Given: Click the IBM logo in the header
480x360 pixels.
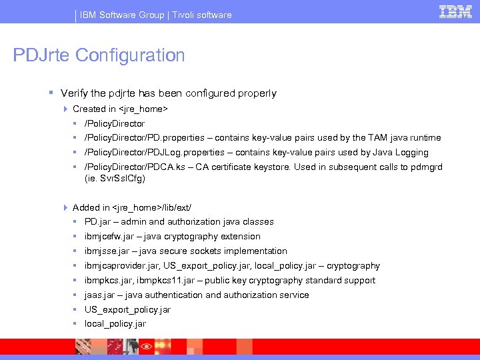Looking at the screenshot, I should pyautogui.click(x=456, y=11).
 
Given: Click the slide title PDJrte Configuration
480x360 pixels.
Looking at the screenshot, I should pyautogui.click(x=99, y=55).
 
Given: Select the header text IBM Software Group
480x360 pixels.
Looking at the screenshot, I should pyautogui.click(x=122, y=15).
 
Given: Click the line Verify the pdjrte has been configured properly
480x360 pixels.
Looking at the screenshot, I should pyautogui.click(x=168, y=93).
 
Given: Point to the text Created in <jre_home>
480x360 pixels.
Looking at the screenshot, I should pyautogui.click(x=120, y=109).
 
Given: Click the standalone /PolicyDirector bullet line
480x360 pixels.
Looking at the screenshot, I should pyautogui.click(x=115, y=123).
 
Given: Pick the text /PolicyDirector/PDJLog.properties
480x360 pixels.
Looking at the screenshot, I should pyautogui.click(x=155, y=153).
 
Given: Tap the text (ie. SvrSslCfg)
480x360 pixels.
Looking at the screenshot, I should pyautogui.click(x=115, y=179).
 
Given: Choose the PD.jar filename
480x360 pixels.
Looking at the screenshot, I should pyautogui.click(x=97, y=222).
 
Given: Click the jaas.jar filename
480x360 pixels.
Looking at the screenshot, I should pyautogui.click(x=99, y=295).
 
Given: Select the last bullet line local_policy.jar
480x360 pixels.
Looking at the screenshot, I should pyautogui.click(x=115, y=324).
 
